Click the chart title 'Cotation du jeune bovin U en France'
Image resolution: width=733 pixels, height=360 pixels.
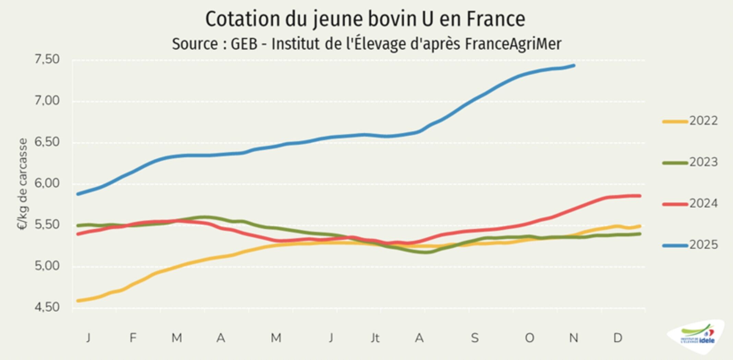click(365, 19)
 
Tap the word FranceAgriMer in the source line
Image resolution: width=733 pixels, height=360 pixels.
click(513, 44)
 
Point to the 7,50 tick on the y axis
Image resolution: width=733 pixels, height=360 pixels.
click(47, 60)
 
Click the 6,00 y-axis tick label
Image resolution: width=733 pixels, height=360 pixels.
click(47, 183)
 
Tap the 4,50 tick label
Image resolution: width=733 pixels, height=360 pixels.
click(47, 307)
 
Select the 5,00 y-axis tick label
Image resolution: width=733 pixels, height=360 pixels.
click(47, 266)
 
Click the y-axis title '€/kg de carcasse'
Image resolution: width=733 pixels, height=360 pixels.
click(22, 184)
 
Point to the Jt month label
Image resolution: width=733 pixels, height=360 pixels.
click(375, 338)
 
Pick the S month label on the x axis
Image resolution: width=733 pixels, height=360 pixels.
click(474, 338)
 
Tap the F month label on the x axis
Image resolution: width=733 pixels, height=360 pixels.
click(133, 338)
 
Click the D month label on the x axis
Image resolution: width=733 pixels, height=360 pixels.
click(617, 338)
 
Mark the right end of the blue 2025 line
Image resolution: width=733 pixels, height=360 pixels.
click(574, 65)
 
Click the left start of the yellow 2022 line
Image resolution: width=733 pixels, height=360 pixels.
click(78, 301)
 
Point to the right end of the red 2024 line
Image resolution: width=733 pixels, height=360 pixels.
click(640, 196)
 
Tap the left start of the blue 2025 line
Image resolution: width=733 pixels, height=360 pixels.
click(78, 194)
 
